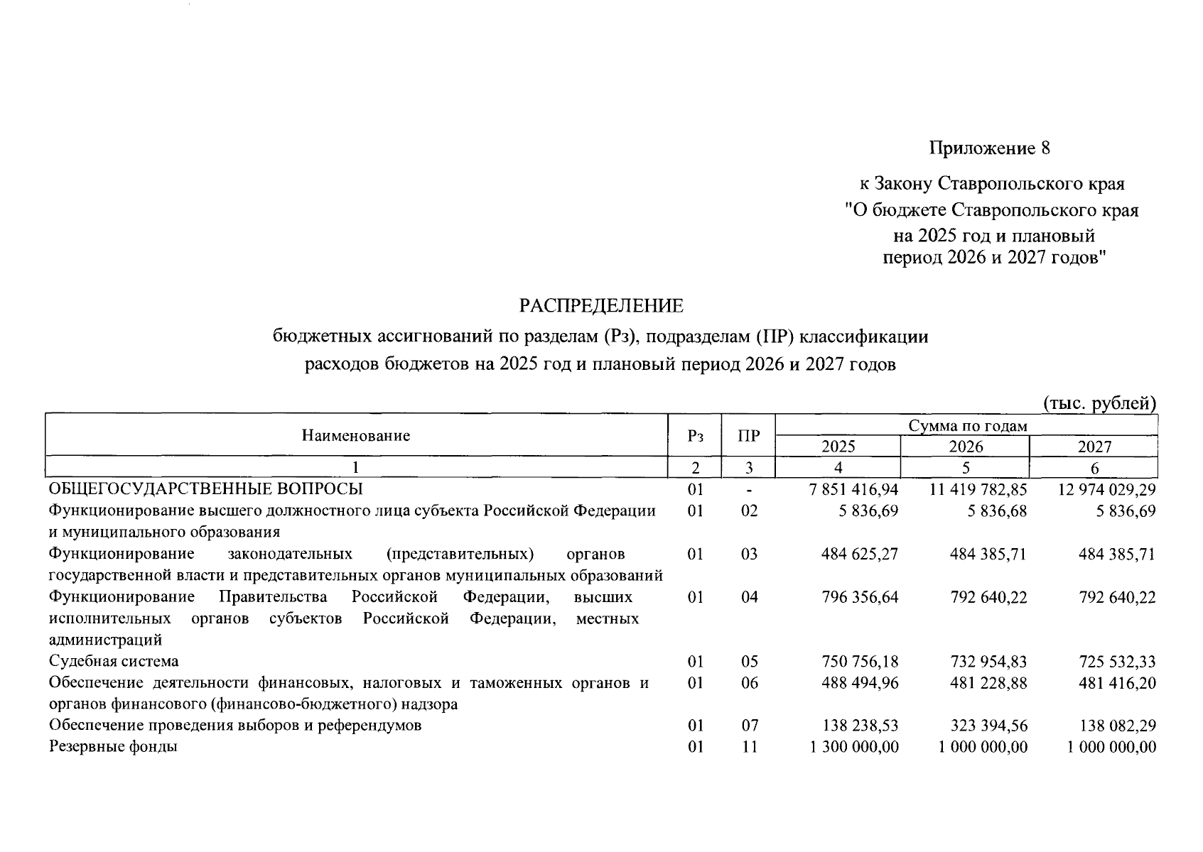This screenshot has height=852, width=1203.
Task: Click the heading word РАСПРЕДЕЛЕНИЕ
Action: (601, 306)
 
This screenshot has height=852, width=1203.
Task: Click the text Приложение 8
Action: (989, 148)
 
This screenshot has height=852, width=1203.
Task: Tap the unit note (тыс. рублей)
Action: (1099, 403)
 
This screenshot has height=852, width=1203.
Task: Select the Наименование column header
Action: (356, 435)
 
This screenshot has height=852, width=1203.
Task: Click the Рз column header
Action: (695, 435)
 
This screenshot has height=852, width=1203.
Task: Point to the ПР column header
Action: (748, 435)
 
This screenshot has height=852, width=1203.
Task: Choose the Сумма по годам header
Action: (967, 425)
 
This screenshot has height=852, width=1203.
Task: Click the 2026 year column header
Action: (966, 447)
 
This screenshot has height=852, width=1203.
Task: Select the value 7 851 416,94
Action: (853, 490)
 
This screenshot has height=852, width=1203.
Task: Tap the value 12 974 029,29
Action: (1106, 490)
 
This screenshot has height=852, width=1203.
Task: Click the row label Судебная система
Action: (114, 662)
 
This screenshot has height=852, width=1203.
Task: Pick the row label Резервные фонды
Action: (113, 747)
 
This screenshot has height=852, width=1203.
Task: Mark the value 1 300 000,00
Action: (853, 747)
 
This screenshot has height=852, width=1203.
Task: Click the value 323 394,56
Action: (988, 726)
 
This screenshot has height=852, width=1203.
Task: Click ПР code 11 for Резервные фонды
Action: (749, 747)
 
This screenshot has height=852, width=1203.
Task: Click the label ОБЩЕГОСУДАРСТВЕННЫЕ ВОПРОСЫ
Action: (205, 489)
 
